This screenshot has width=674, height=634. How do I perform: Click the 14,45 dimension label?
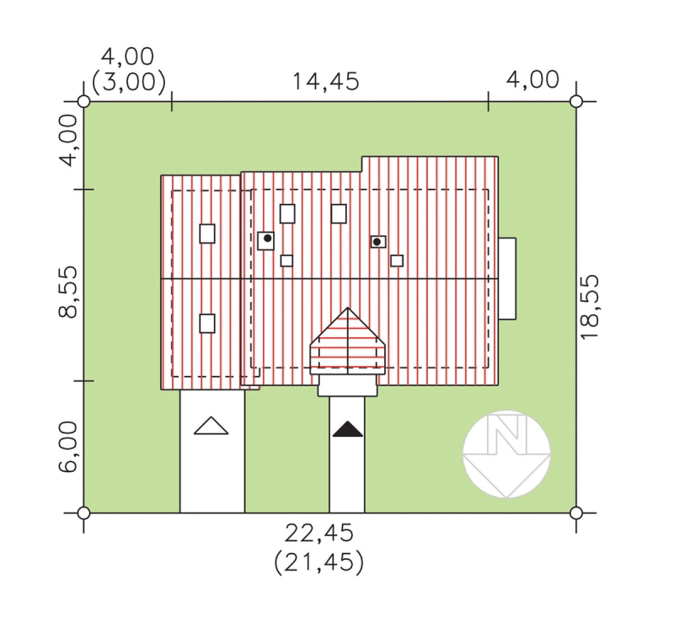tap(325, 82)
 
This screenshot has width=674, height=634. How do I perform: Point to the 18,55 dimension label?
tap(589, 307)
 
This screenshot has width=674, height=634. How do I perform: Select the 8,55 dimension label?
tap(68, 292)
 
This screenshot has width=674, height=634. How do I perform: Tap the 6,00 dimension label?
tap(68, 447)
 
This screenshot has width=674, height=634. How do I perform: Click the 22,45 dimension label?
tap(319, 533)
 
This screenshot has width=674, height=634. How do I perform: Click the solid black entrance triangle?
tap(348, 429)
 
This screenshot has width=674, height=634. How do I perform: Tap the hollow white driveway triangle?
tap(211, 426)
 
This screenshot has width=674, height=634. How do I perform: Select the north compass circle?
tap(507, 454)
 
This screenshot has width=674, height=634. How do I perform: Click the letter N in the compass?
tap(507, 433)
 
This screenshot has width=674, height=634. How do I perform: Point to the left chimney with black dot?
tap(266, 241)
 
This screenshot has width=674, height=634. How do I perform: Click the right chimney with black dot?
tap(378, 242)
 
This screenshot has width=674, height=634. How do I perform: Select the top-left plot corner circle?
tap(83, 101)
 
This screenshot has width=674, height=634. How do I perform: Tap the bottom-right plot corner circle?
tap(576, 513)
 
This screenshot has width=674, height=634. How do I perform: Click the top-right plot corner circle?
tap(576, 101)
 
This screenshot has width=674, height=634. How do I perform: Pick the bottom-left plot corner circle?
tap(83, 513)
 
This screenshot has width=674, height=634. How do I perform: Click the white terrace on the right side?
tap(507, 279)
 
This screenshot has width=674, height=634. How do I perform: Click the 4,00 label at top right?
tap(532, 79)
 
